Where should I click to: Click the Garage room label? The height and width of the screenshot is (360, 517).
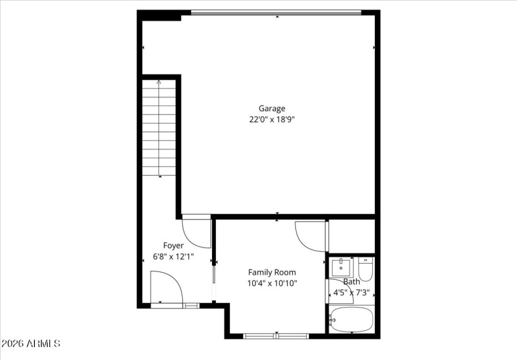[x=272, y=109]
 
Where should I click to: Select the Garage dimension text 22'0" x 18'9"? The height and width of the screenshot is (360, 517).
[x=272, y=120]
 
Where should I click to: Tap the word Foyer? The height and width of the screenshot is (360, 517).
[x=173, y=246]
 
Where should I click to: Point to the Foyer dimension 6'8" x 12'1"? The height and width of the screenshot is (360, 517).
[x=173, y=257]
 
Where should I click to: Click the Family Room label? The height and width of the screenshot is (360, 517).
[x=272, y=272]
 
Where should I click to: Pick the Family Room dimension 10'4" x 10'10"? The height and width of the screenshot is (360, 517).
[x=272, y=283]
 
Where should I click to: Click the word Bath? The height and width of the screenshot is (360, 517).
[x=352, y=282]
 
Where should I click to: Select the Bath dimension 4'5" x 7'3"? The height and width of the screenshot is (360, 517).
[x=352, y=292]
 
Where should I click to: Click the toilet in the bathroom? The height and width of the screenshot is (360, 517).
[x=366, y=270]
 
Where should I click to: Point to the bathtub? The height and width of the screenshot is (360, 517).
[x=351, y=319]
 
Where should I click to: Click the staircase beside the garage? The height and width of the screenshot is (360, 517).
[x=159, y=127]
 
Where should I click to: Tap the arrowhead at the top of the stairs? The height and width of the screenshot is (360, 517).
[x=159, y=82]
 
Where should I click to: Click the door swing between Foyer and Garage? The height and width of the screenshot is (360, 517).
[x=196, y=231]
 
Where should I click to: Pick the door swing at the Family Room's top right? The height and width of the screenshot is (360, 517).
[x=311, y=235]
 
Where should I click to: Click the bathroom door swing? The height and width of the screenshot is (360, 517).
[x=339, y=291]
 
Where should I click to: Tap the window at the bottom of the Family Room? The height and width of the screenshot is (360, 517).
[x=276, y=335]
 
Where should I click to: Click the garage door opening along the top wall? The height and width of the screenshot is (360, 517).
[x=276, y=12]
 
